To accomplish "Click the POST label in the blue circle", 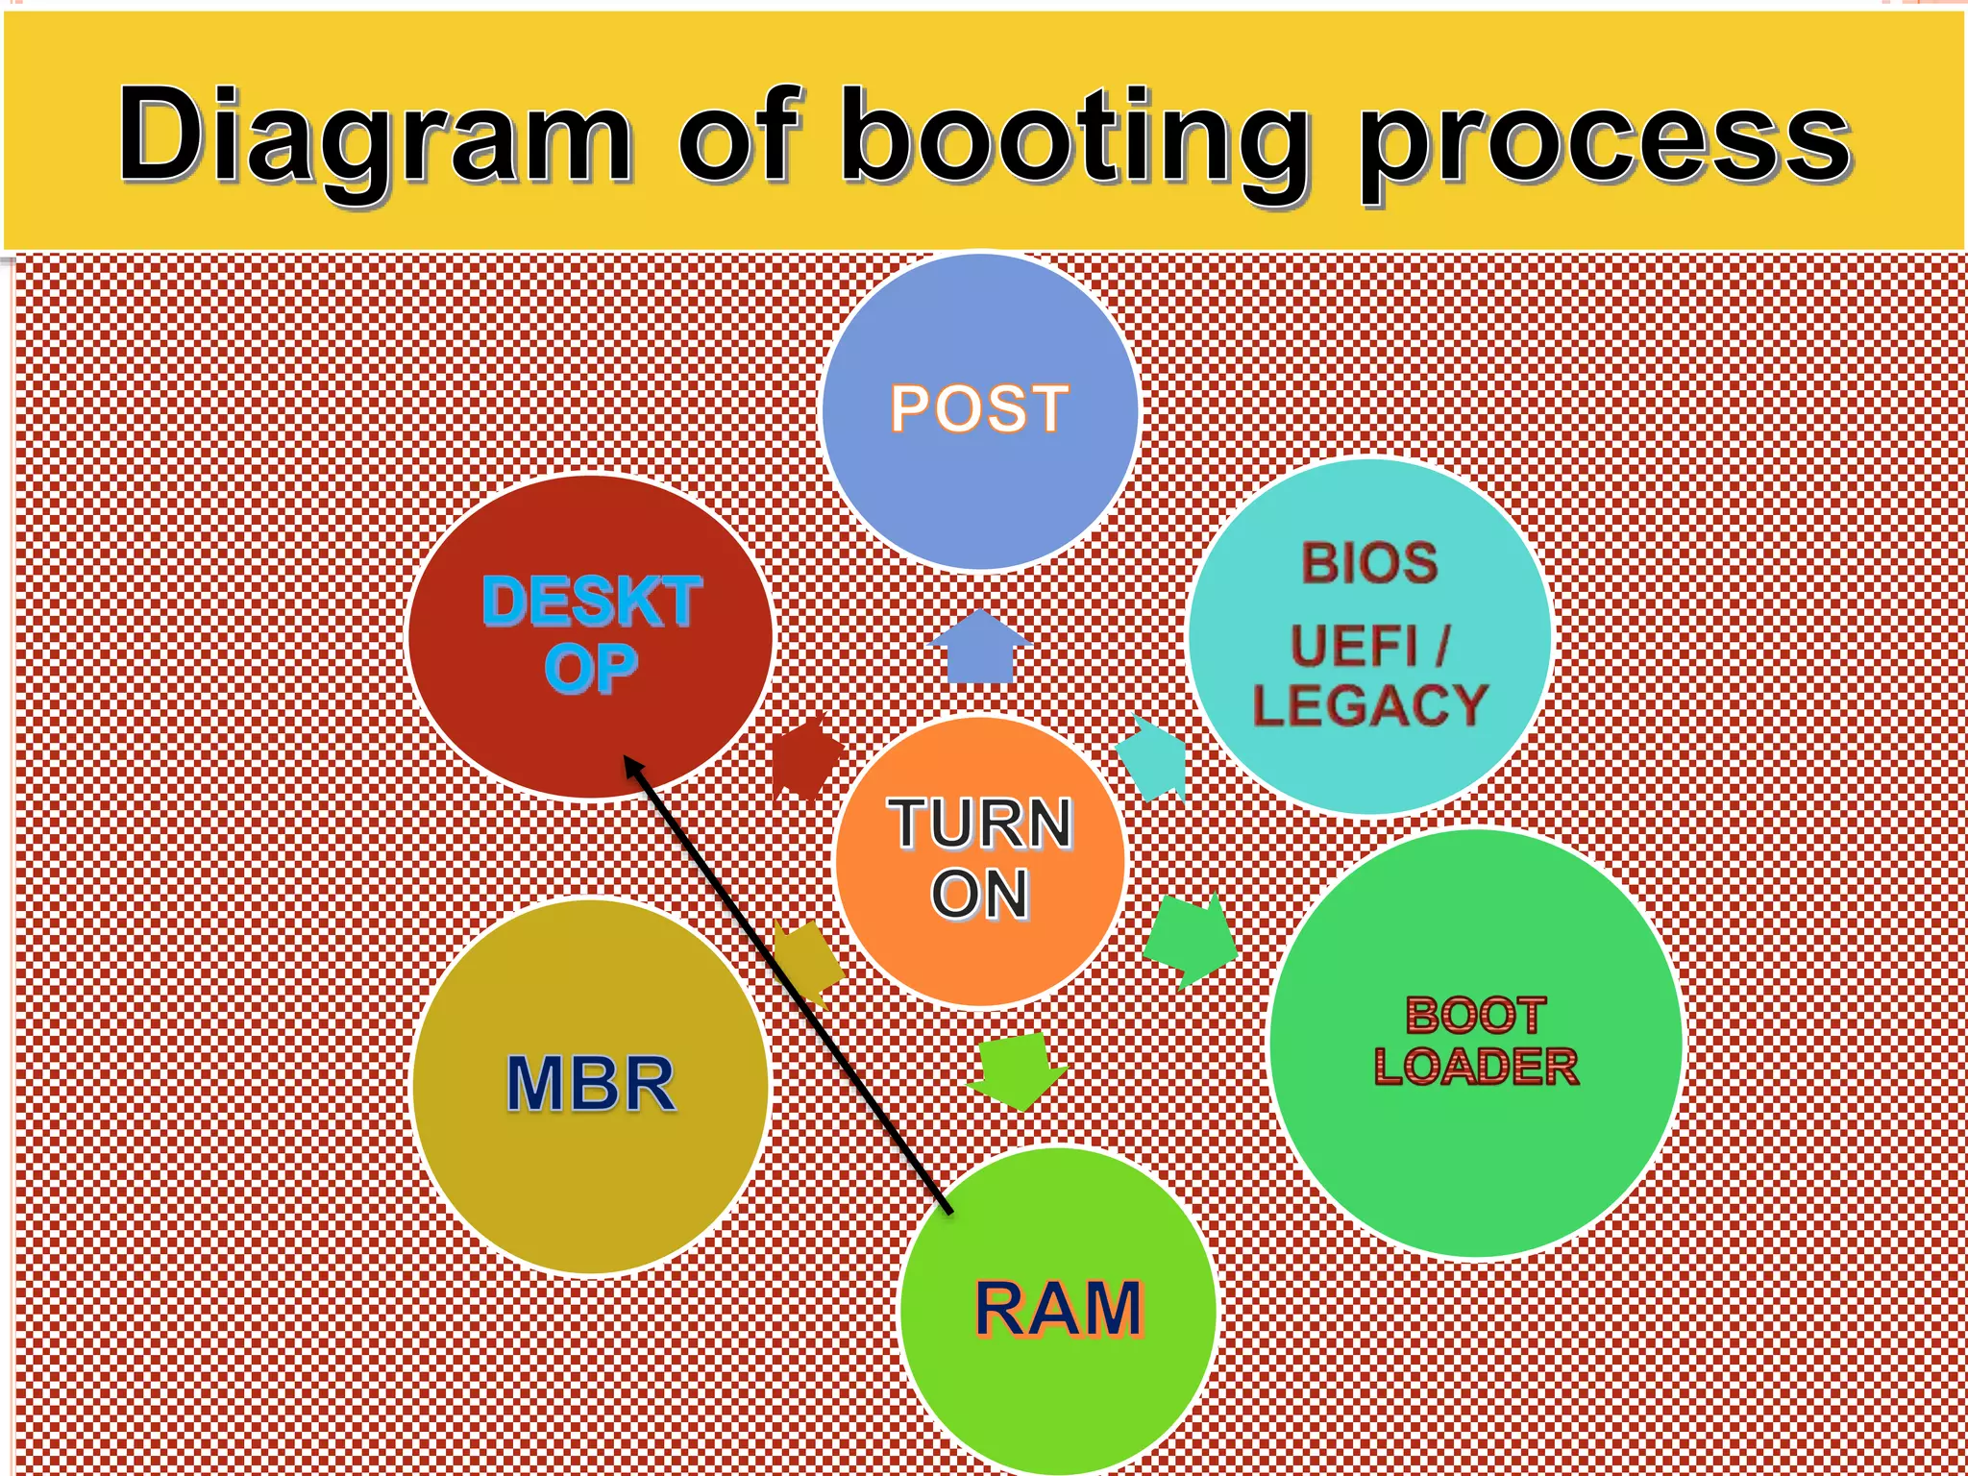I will point(978,408).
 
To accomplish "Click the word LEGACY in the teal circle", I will point(1369,706).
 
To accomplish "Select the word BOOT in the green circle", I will point(1475,1015).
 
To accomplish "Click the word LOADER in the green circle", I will point(1475,1067).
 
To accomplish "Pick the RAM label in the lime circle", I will point(1059,1309).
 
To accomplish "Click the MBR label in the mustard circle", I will point(590,1084).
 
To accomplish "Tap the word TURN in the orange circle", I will point(979,824).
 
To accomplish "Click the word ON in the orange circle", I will point(979,894).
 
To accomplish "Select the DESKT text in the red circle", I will point(592,603).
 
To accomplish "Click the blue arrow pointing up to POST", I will point(980,649).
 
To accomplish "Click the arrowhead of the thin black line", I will point(631,766).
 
